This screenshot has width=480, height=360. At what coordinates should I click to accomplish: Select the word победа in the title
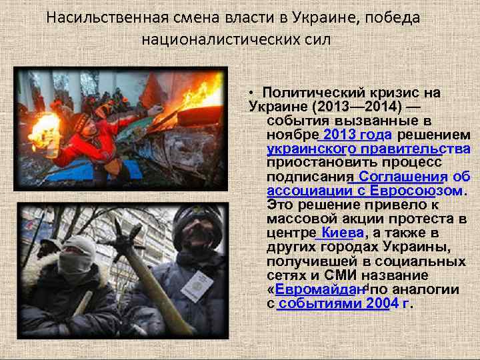(395, 17)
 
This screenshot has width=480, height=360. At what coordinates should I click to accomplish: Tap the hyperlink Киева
(341, 232)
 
